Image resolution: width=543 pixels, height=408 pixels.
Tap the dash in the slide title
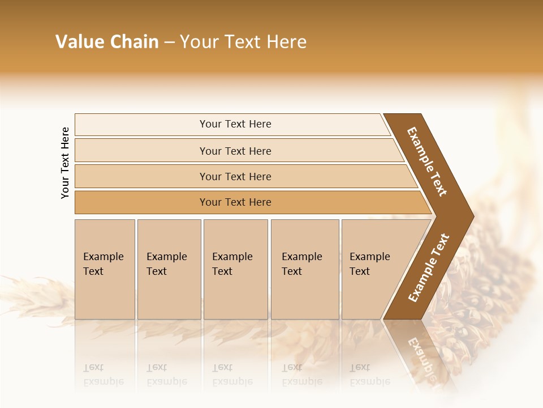point(169,42)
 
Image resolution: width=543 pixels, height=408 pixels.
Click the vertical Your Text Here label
point(65,163)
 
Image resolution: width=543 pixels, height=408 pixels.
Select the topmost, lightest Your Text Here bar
point(235,124)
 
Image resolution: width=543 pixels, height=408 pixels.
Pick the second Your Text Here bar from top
point(235,151)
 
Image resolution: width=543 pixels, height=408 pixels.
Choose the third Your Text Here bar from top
point(235,176)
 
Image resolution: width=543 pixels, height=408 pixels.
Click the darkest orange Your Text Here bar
point(235,202)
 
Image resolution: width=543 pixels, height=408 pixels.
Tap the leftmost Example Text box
point(105,269)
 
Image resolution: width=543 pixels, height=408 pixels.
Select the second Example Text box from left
point(169,269)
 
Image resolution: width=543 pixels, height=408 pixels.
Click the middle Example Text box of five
point(235,269)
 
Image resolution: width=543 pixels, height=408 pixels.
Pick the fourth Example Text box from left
point(304,269)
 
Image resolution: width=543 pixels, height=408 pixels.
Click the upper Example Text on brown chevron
point(427,161)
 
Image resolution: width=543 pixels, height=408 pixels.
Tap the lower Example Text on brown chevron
point(428,268)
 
